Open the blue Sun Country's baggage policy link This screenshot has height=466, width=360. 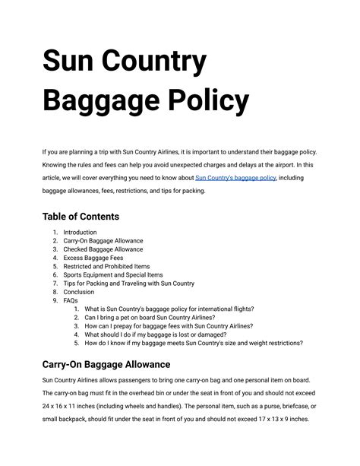pyautogui.click(x=235, y=178)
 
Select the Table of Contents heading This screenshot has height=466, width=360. pyautogui.click(x=81, y=217)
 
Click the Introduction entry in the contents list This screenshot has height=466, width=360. pyautogui.click(x=80, y=232)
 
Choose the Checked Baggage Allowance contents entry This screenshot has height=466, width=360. pyautogui.click(x=103, y=249)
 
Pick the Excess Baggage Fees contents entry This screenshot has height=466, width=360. pyautogui.click(x=93, y=258)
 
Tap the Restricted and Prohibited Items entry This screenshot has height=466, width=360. pyautogui.click(x=106, y=266)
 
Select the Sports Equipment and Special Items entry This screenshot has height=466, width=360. pyautogui.click(x=112, y=275)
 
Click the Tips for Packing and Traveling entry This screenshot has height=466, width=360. pyautogui.click(x=128, y=284)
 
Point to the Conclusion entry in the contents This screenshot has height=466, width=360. pyautogui.click(x=79, y=292)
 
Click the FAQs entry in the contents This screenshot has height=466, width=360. pyautogui.click(x=71, y=300)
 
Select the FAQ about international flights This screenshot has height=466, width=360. pyautogui.click(x=169, y=309)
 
